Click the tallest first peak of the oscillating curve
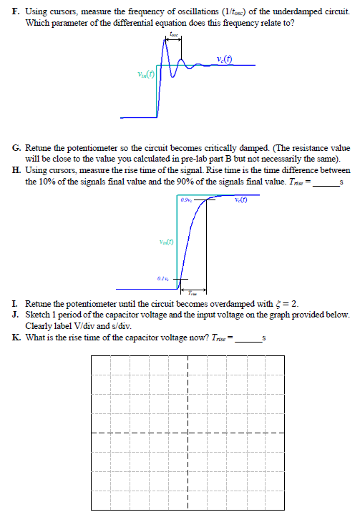(x=166, y=41)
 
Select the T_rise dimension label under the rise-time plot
(x=192, y=293)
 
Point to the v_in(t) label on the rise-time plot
(x=167, y=241)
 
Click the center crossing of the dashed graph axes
(x=187, y=433)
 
